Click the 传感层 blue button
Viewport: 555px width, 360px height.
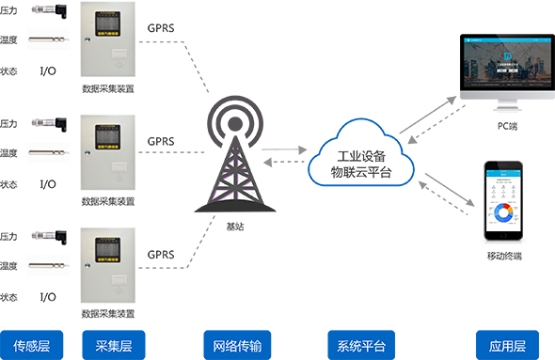tap(31, 345)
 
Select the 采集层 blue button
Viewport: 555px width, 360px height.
tap(111, 345)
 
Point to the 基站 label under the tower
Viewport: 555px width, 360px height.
tap(234, 226)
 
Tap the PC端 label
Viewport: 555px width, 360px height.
tap(507, 126)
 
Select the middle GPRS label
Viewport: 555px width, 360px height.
tap(161, 141)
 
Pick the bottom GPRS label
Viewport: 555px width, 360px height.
tap(161, 254)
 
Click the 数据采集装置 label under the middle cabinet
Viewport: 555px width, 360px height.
tap(108, 201)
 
